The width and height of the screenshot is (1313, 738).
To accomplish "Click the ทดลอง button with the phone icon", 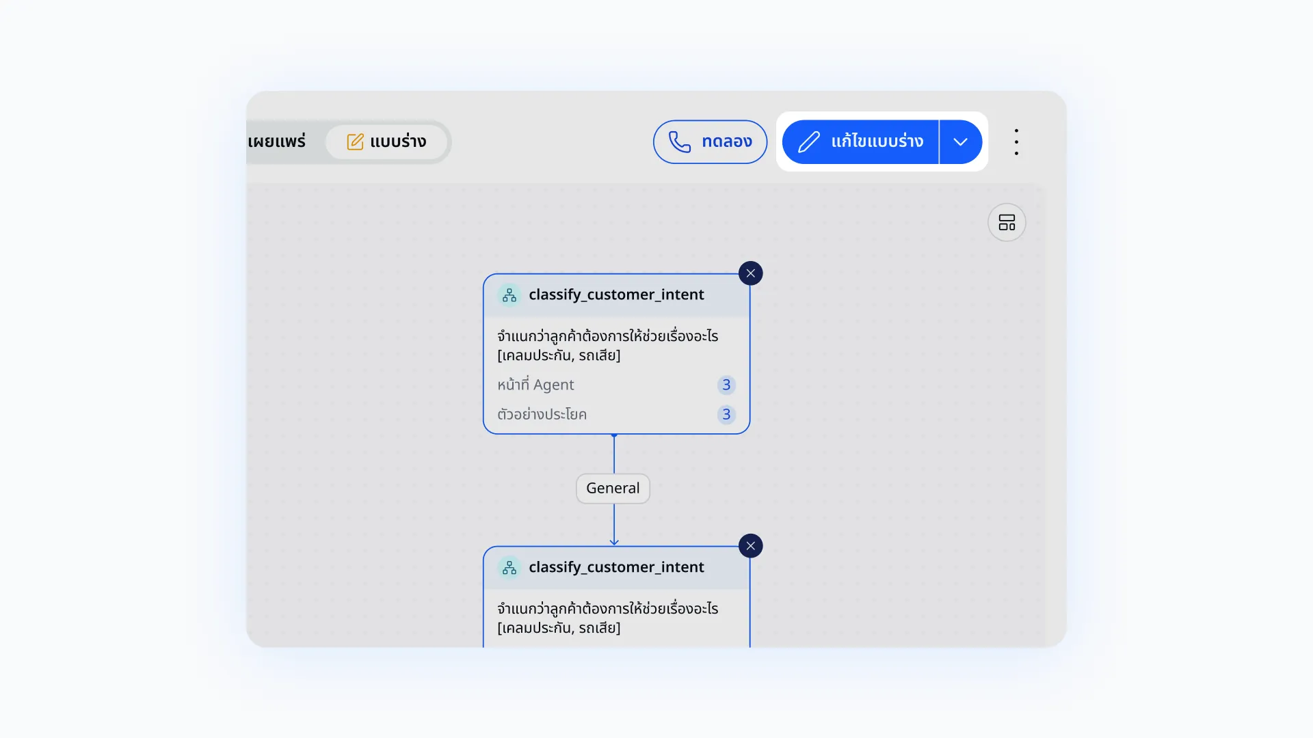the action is click(710, 142).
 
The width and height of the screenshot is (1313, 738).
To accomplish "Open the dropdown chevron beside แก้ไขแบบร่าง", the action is click(961, 142).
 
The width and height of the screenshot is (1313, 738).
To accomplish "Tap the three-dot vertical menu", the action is click(1017, 142).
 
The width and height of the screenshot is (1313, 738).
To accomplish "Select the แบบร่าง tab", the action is click(386, 141).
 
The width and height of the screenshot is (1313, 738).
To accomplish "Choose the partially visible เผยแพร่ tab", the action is click(276, 141).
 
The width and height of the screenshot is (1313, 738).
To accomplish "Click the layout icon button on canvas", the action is click(1007, 222).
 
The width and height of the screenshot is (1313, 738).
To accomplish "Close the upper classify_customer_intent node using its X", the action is click(751, 273).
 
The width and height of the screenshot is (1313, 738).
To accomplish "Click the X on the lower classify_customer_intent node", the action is click(751, 546).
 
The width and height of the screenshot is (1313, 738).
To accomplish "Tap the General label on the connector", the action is click(613, 489).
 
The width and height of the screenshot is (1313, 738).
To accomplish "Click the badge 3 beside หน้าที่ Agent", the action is click(726, 385).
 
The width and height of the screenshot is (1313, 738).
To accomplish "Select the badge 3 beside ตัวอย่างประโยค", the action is click(726, 414).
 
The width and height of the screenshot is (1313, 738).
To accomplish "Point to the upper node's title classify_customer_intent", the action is click(616, 295).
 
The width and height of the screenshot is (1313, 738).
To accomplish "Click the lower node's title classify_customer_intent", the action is click(616, 567).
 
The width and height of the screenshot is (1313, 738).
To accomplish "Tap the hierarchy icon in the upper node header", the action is click(509, 295).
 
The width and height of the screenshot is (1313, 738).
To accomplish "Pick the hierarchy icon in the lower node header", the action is click(509, 568).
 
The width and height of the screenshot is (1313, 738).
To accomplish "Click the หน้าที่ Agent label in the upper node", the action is click(535, 385).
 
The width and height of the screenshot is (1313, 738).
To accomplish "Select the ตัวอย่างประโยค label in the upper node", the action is click(542, 414).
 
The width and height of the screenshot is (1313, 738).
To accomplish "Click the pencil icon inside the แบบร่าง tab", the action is click(355, 141).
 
